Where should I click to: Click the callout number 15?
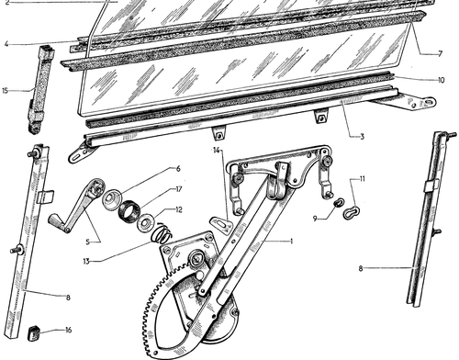click(x=5, y=91)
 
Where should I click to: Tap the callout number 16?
click(x=68, y=330)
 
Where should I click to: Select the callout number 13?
click(x=86, y=261)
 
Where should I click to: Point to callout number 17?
click(x=179, y=189)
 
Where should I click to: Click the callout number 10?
click(x=441, y=80)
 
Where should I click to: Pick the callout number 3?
click(x=362, y=137)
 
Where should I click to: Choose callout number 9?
click(x=315, y=219)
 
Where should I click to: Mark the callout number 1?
click(x=292, y=242)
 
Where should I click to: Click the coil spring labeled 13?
click(x=162, y=232)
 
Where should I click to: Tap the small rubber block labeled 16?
click(x=34, y=332)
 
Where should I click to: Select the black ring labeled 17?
click(x=129, y=210)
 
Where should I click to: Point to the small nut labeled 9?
click(x=339, y=202)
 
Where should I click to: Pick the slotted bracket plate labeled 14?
click(x=220, y=222)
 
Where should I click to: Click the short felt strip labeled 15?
click(x=41, y=89)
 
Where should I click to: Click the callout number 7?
click(x=440, y=54)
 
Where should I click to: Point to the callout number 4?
click(x=6, y=44)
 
